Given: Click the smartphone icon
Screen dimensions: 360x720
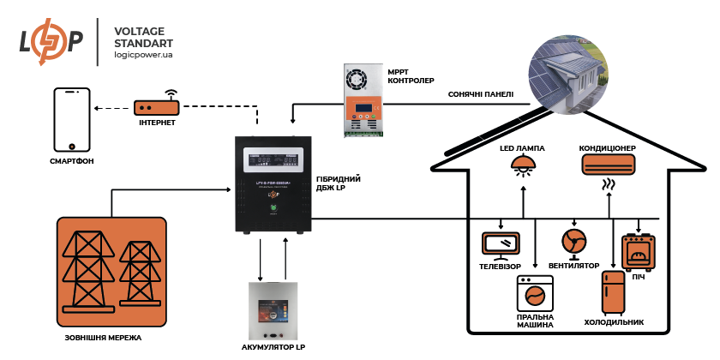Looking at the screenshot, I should pyautogui.click(x=72, y=119).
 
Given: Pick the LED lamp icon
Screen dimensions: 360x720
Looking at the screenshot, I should pyautogui.click(x=521, y=165).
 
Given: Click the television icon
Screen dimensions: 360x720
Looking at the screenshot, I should pyautogui.click(x=501, y=244).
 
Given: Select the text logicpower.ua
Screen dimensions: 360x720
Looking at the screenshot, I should pyautogui.click(x=143, y=55).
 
